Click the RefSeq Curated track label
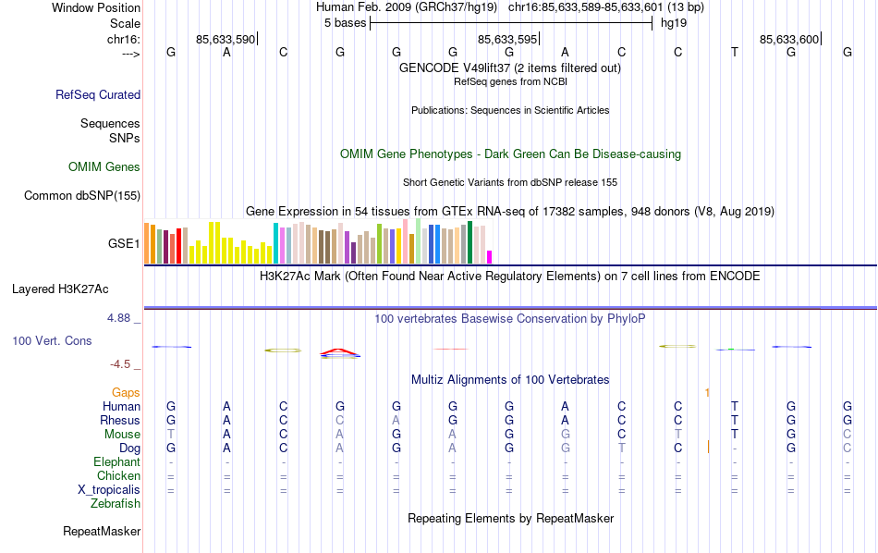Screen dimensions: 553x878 pos(98,94)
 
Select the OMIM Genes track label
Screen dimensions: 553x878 pos(104,167)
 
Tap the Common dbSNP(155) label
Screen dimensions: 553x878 pos(82,195)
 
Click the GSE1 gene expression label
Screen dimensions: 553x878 pos(124,244)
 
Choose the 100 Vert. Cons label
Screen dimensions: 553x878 pos(52,340)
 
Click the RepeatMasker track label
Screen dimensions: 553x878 pos(102,532)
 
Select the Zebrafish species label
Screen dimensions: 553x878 pos(116,504)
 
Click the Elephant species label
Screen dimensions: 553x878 pos(116,461)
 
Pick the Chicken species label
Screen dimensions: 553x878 pos(118,475)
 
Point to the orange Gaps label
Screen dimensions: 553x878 pos(126,392)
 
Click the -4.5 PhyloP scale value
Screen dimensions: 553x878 pos(121,364)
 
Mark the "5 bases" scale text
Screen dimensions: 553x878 pos(345,23)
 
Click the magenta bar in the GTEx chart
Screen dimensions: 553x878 pos(490,256)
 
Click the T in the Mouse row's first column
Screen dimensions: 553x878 pos(170,434)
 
